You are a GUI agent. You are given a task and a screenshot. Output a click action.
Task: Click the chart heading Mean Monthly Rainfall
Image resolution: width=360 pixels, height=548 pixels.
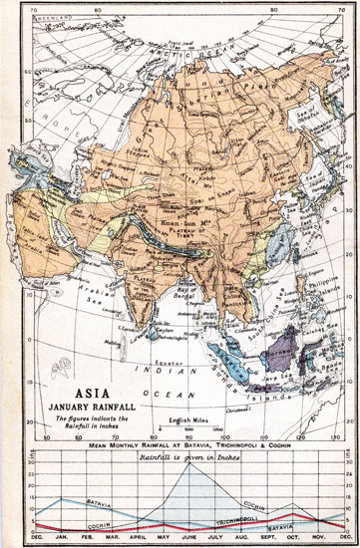click(x=180, y=439)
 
